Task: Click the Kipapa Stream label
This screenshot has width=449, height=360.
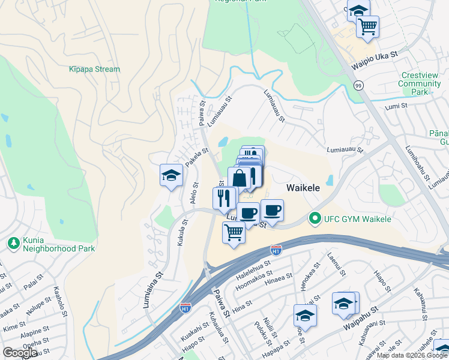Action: (x=94, y=69)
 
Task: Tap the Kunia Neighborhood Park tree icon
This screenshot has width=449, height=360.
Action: (x=13, y=242)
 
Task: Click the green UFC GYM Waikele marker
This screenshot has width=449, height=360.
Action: (x=313, y=218)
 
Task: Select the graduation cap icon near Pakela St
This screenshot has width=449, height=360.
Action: (x=171, y=175)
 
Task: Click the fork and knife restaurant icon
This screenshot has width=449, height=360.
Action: (x=224, y=197)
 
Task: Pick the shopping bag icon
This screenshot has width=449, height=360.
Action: (x=239, y=178)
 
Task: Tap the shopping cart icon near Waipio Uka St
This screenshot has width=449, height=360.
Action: (x=367, y=26)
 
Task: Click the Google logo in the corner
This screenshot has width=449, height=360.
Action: (x=20, y=352)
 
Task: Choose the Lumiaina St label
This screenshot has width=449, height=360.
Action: (x=153, y=290)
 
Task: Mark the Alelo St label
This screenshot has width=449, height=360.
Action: (x=194, y=191)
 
